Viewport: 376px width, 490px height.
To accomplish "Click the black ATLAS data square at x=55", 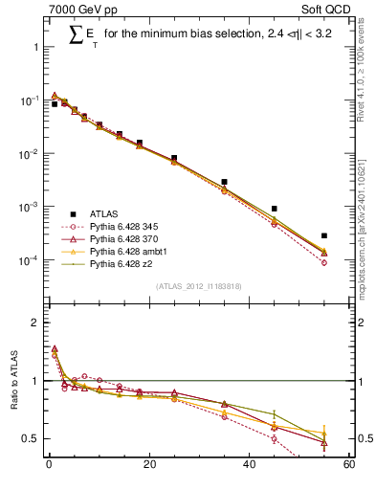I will coord(324,235).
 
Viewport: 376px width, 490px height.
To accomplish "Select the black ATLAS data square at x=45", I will coord(274,209).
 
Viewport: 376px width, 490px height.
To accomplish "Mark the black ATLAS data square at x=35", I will coord(224,182).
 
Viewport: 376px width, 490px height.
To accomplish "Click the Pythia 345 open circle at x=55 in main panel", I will coord(324,262).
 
